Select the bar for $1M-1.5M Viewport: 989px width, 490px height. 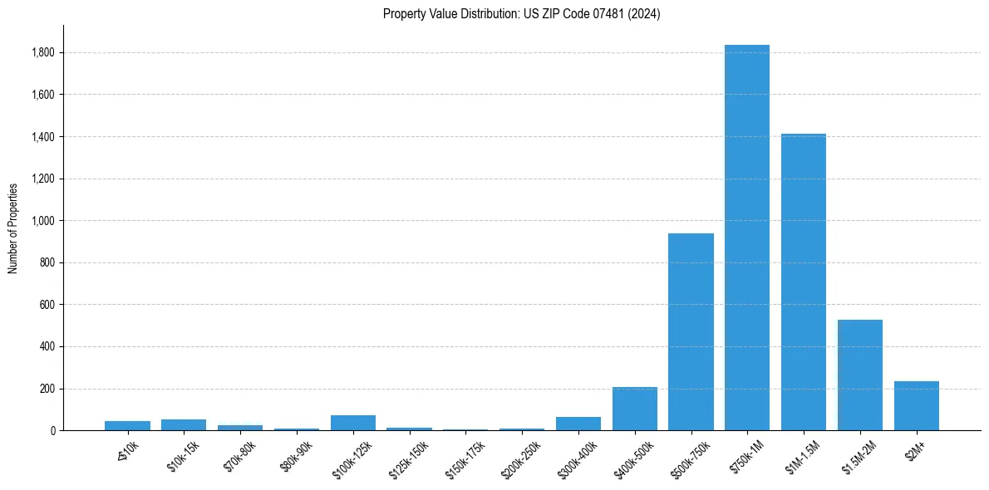pos(804,282)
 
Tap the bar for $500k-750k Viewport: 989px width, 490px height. pos(691,332)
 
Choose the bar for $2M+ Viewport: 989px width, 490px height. pos(917,406)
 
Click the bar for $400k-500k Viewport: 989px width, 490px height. pos(634,409)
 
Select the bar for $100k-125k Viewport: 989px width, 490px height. pos(353,423)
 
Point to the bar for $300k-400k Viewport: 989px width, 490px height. pos(578,424)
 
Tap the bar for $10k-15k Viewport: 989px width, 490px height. pos(184,425)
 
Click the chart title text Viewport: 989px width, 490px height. pos(522,14)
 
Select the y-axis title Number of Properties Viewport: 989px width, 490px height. pos(13,228)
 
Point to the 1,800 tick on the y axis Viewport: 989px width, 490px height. pos(43,52)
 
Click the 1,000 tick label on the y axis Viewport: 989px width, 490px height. pos(43,221)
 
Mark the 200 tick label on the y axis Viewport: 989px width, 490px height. pos(48,389)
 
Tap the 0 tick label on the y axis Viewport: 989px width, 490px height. pos(52,431)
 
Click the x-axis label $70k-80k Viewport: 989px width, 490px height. pos(239,457)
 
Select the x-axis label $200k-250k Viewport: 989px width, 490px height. pos(519,460)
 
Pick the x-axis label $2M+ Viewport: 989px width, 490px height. pos(916,450)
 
